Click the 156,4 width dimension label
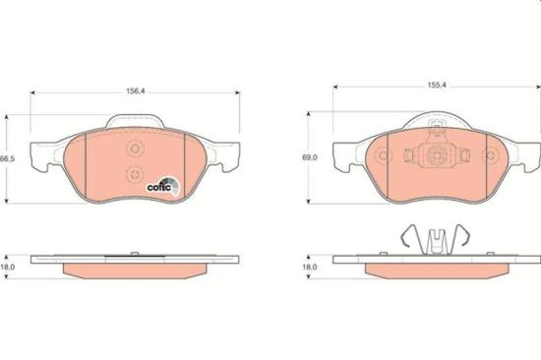[x=136, y=91]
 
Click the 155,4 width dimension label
[x=437, y=85]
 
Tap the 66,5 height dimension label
[x=8, y=159]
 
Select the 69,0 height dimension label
[x=310, y=157]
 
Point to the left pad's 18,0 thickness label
[x=8, y=267]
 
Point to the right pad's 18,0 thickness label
[x=310, y=267]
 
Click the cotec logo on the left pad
[x=163, y=186]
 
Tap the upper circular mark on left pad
[x=135, y=150]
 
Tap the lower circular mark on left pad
[x=135, y=174]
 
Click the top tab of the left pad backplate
[x=135, y=121]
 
